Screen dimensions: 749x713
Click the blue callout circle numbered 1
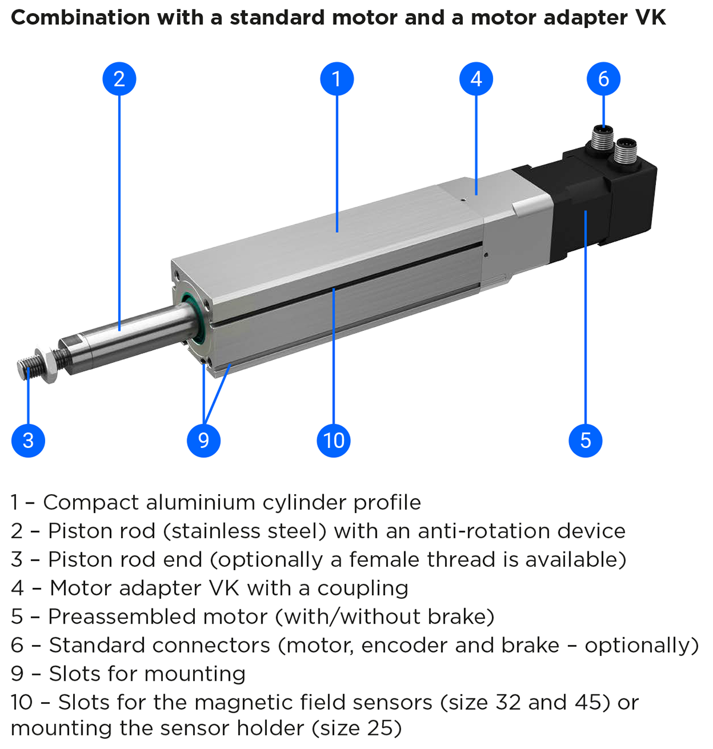pyautogui.click(x=337, y=79)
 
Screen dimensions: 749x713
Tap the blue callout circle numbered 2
pyautogui.click(x=119, y=79)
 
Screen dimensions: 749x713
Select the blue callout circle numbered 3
pyautogui.click(x=28, y=440)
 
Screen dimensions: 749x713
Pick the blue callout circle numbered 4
pyautogui.click(x=476, y=79)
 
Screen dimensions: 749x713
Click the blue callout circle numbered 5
pyautogui.click(x=585, y=440)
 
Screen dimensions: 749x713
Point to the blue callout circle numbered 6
pyautogui.click(x=603, y=79)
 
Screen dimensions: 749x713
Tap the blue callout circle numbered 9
pyautogui.click(x=203, y=440)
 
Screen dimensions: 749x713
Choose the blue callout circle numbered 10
pyautogui.click(x=334, y=440)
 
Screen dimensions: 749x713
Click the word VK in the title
pyautogui.click(x=650, y=18)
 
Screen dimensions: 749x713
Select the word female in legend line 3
pyautogui.click(x=384, y=560)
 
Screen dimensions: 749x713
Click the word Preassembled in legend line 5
pyautogui.click(x=122, y=617)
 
